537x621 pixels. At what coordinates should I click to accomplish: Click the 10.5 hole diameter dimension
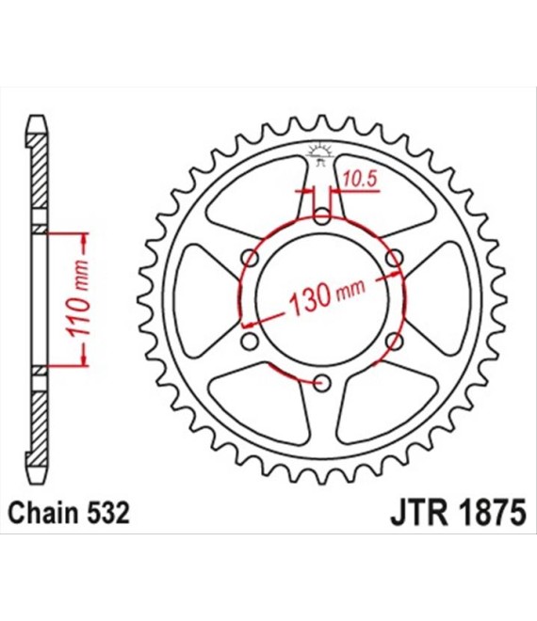(x=359, y=180)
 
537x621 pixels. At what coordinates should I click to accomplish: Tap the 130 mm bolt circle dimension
(x=327, y=295)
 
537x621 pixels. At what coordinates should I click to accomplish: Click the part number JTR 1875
(x=458, y=513)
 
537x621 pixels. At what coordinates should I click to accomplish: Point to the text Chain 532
(x=69, y=513)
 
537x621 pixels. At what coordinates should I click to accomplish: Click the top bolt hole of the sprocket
(x=322, y=216)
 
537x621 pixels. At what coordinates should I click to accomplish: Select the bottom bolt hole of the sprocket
(x=322, y=383)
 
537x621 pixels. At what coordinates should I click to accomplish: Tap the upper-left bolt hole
(x=251, y=259)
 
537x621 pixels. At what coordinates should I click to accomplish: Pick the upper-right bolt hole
(x=395, y=259)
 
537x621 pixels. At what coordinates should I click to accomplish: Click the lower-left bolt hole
(x=250, y=342)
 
